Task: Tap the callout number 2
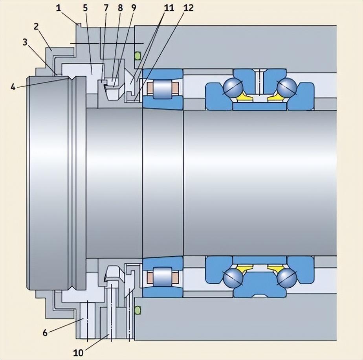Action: click(36, 27)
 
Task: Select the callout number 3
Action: click(26, 42)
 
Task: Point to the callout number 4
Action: click(13, 87)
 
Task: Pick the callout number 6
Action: click(45, 333)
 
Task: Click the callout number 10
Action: click(79, 352)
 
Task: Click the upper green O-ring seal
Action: click(137, 56)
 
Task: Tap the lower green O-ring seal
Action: click(137, 310)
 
